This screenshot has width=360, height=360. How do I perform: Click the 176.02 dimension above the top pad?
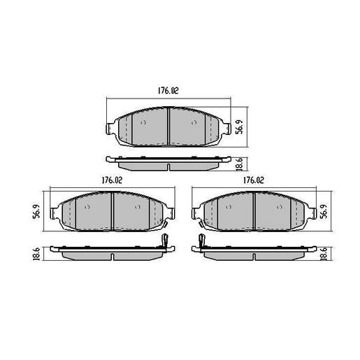pyautogui.click(x=168, y=89)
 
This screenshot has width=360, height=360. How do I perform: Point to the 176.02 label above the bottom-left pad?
pyautogui.click(x=111, y=180)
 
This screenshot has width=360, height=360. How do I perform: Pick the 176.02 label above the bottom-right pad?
pyautogui.click(x=253, y=180)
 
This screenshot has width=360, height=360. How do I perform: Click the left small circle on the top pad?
pyautogui.click(x=143, y=121)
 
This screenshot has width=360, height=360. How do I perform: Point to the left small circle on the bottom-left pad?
pyautogui.click(x=87, y=208)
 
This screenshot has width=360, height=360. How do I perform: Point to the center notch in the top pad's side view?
pyautogui.click(x=169, y=167)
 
